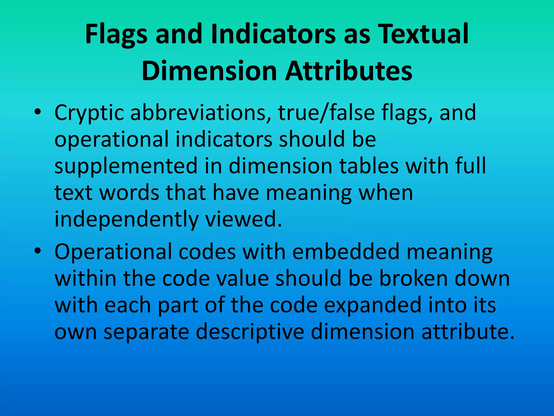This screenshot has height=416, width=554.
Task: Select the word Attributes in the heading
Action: [349, 71]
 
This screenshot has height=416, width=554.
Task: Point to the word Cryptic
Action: [89, 113]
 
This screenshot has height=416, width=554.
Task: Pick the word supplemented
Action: [126, 166]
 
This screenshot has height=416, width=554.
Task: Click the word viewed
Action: [243, 219]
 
